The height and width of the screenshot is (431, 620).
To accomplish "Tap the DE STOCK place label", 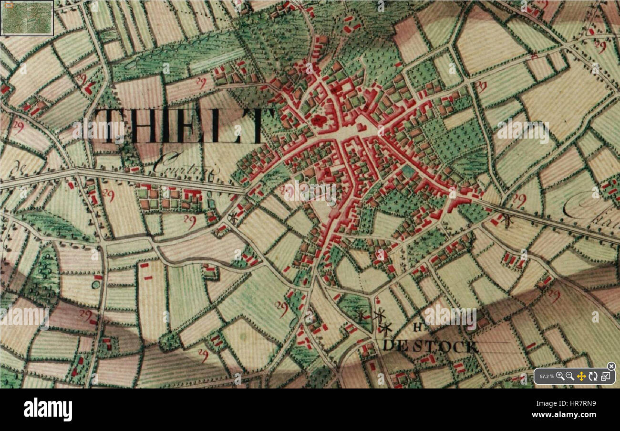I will point(430,346).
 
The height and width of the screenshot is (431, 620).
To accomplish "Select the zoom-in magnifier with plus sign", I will point(560,376).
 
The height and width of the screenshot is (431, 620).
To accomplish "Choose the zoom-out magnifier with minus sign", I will point(570,376).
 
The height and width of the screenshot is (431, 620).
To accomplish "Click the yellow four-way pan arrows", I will point(581,376).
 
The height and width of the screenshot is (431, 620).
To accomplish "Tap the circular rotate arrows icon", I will point(593,376).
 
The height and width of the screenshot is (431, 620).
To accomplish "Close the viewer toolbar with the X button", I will point(611,366).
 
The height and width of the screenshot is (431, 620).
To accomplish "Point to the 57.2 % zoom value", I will point(547,377).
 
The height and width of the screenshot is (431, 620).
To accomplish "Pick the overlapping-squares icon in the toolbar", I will point(605,376).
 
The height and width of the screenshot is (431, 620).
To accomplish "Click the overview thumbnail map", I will point(27,18).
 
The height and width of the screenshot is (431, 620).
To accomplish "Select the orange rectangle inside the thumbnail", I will point(9,6).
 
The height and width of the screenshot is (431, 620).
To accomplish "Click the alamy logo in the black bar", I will point(48,409).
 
